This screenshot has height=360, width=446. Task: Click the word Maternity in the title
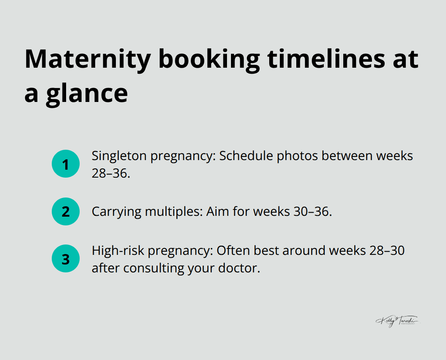pyautogui.click(x=88, y=59)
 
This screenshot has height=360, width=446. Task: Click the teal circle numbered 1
pyautogui.click(x=66, y=164)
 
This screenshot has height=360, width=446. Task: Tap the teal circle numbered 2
pyautogui.click(x=66, y=211)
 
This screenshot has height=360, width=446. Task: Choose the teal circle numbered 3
pyautogui.click(x=66, y=259)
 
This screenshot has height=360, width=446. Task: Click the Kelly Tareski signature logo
pyautogui.click(x=397, y=321)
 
